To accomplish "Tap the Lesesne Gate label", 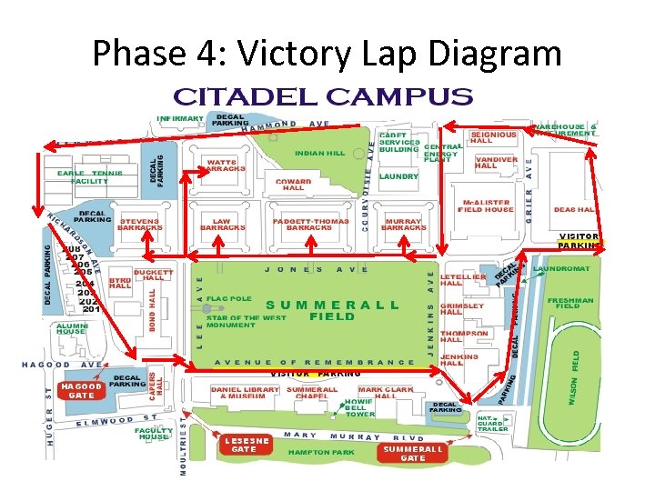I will pyautogui.click(x=244, y=445).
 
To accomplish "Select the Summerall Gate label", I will pyautogui.click(x=413, y=453).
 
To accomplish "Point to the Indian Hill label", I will pyautogui.click(x=319, y=153).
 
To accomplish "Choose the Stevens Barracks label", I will pyautogui.click(x=139, y=224).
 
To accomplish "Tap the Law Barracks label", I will pyautogui.click(x=222, y=224).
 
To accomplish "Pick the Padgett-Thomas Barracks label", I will pyautogui.click(x=308, y=224).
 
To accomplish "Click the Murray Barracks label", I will pyautogui.click(x=403, y=224).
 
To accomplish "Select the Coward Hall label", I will pyautogui.click(x=294, y=185).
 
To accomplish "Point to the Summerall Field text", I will pyautogui.click(x=331, y=310).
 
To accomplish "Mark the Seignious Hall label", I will pyautogui.click(x=493, y=137).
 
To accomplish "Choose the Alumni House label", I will pyautogui.click(x=71, y=327).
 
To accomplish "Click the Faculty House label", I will pyautogui.click(x=154, y=433).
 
